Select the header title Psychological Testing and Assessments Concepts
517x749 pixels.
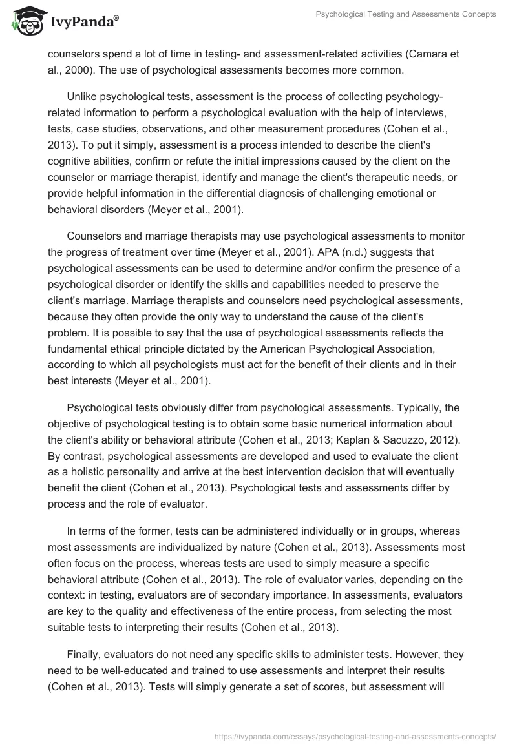pos(405,14)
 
